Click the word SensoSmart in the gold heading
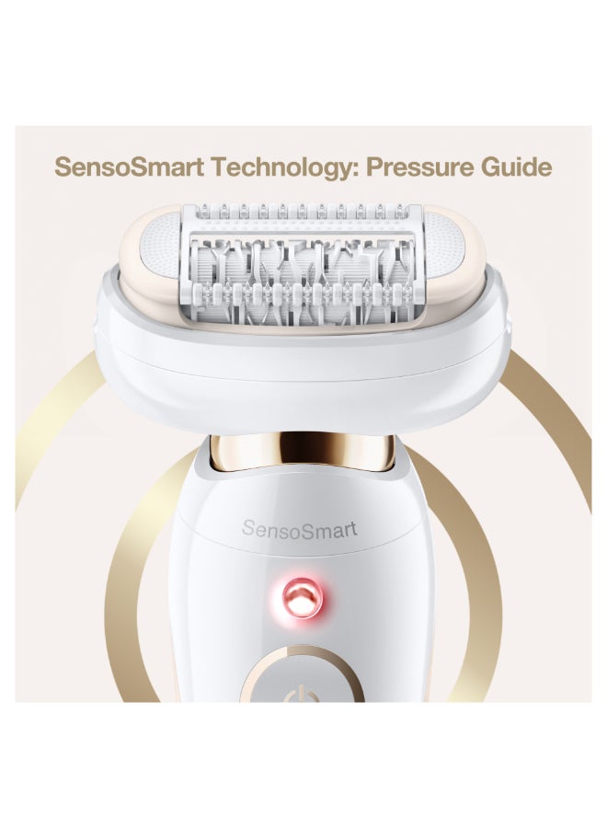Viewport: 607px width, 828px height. point(130,167)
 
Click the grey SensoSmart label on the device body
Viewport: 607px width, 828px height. point(299,529)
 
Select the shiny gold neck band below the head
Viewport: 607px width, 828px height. point(303,451)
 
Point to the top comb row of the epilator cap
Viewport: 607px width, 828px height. point(302,213)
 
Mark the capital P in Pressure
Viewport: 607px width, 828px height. point(374,167)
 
